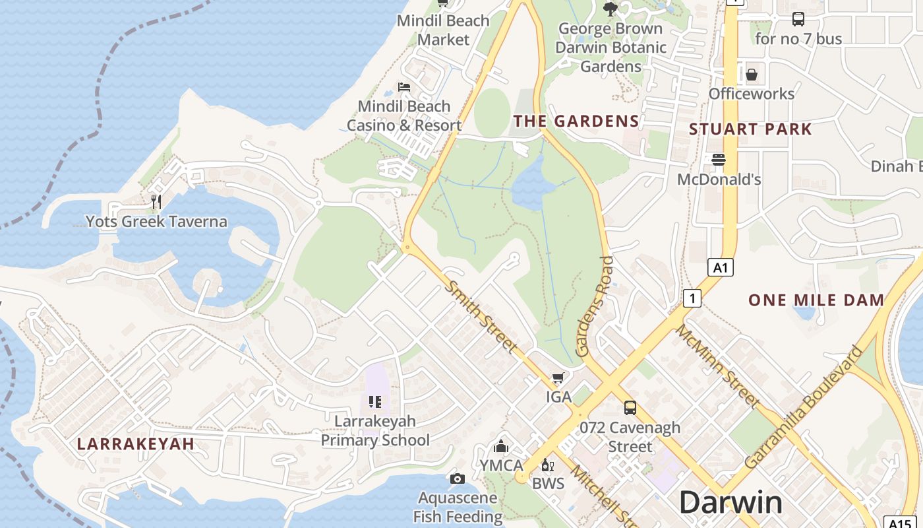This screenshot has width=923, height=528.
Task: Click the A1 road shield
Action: [721, 267]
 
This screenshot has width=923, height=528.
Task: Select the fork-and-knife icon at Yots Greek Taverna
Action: [156, 202]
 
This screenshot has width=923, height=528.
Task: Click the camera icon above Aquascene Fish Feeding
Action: [458, 478]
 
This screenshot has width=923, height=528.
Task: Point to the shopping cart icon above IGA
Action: [558, 378]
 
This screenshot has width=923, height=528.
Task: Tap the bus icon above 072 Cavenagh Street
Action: [630, 408]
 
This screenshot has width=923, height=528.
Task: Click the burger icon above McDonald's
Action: [719, 159]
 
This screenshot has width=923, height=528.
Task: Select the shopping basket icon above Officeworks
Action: [752, 75]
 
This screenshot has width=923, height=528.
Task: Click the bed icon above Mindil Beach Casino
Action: [404, 86]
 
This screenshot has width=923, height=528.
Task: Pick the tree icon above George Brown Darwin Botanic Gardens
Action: [610, 9]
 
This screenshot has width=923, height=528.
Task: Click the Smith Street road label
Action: [481, 316]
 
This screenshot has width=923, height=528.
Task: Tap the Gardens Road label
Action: [595, 307]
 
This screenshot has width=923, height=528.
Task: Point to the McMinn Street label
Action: [717, 366]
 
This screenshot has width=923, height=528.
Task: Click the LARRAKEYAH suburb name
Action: [136, 444]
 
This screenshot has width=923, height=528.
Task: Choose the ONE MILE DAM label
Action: [816, 300]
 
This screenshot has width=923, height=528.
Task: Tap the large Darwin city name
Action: [730, 502]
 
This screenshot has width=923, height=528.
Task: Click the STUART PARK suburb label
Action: [750, 129]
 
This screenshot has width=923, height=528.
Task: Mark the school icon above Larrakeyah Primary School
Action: [375, 401]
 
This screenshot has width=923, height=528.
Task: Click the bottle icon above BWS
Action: [547, 465]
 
